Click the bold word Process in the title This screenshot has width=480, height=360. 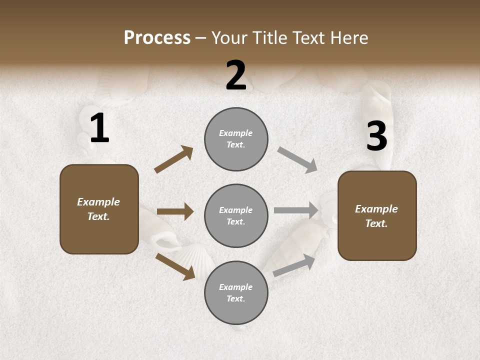tap(157, 38)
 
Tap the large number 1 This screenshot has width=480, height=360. tap(99, 128)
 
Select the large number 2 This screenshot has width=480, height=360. tap(236, 75)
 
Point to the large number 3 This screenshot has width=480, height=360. tap(376, 136)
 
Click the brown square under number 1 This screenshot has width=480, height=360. tap(99, 209)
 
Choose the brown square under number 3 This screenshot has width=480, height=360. tap(377, 215)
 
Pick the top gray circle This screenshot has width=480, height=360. tap(236, 139)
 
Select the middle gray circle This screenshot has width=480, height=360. tap(236, 215)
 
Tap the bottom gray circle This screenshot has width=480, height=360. tap(236, 292)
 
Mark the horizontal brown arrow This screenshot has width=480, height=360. tap(175, 211)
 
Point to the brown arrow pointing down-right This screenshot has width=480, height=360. tap(175, 266)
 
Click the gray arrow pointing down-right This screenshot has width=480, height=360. tap(297, 159)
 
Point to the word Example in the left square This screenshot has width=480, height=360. tap(98, 202)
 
